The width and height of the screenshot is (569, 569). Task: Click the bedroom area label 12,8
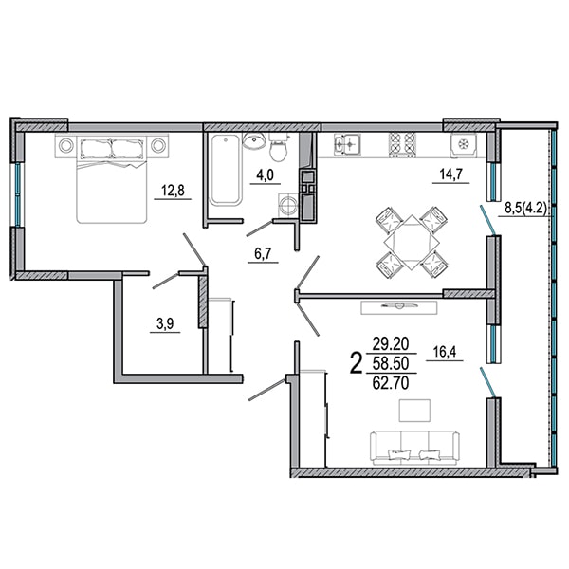[x=173, y=190]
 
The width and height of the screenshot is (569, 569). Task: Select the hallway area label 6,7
[x=263, y=253]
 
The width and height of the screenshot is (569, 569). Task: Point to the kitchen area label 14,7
[x=450, y=174]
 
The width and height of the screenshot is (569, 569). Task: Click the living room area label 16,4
[x=445, y=351]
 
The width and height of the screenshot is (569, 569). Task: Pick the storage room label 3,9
[x=165, y=323]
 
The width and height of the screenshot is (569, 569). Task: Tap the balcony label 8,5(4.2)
[x=525, y=209]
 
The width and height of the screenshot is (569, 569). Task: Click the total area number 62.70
[x=391, y=383]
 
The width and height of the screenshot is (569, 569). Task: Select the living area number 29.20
[x=391, y=343]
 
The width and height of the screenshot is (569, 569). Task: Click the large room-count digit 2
[x=356, y=363]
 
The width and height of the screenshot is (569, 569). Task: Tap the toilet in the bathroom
[x=279, y=147]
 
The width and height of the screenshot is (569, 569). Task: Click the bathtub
[x=227, y=170]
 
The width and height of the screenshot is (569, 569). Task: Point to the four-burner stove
[x=402, y=144]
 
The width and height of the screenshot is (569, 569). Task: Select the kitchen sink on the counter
[x=347, y=144]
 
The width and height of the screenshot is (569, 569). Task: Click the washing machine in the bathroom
[x=288, y=206]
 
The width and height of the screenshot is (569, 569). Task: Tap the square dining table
[x=412, y=243]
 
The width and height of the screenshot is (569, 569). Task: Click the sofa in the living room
[x=414, y=448]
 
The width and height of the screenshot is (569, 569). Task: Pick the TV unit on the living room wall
[x=399, y=307]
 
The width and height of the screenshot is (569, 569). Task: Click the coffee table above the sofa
[x=414, y=411]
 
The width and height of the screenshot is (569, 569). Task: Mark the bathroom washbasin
[x=254, y=140]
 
